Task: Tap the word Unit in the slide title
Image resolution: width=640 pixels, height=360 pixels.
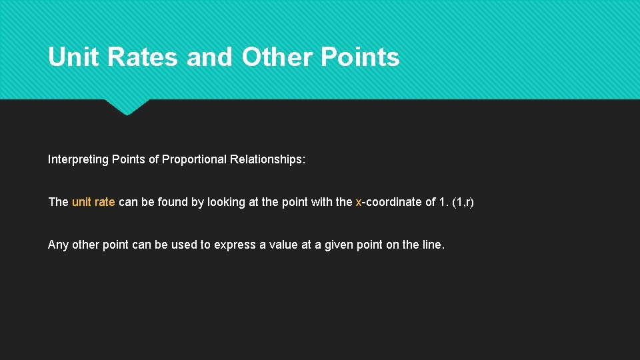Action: (x=73, y=57)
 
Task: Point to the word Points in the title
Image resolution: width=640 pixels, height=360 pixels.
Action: (x=360, y=57)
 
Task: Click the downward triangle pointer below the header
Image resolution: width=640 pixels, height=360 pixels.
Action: (x=127, y=107)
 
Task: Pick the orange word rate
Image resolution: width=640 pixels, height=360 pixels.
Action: (x=105, y=202)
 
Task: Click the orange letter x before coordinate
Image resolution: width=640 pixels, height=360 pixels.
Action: (x=359, y=202)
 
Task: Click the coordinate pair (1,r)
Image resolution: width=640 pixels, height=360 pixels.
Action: (x=463, y=202)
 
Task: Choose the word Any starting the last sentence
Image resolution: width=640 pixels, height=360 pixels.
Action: (x=58, y=245)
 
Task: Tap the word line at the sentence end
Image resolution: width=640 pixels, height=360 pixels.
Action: (x=433, y=245)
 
